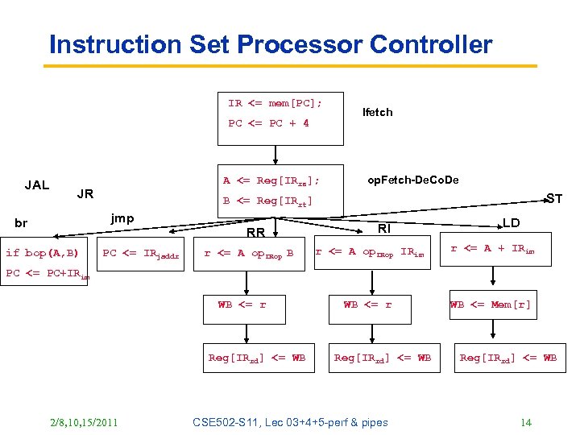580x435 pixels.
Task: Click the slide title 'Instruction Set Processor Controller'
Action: tap(270, 44)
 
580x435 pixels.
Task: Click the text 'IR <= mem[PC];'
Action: tap(275, 103)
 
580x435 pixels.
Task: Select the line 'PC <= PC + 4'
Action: tap(268, 123)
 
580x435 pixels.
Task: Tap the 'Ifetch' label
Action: tap(377, 112)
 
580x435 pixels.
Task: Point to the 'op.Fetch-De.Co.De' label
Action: tap(412, 180)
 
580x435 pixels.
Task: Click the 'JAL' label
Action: tap(37, 185)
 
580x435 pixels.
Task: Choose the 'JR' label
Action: tap(85, 194)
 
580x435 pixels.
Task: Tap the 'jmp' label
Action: tap(122, 218)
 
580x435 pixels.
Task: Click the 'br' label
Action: tap(21, 223)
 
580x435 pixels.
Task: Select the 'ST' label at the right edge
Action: tap(553, 198)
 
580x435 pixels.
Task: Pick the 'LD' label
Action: tap(511, 222)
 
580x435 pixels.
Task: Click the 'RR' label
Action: tap(256, 234)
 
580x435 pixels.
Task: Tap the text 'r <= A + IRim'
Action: tap(491, 250)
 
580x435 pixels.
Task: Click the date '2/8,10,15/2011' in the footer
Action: tap(83, 422)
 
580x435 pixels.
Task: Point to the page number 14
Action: tap(526, 422)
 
